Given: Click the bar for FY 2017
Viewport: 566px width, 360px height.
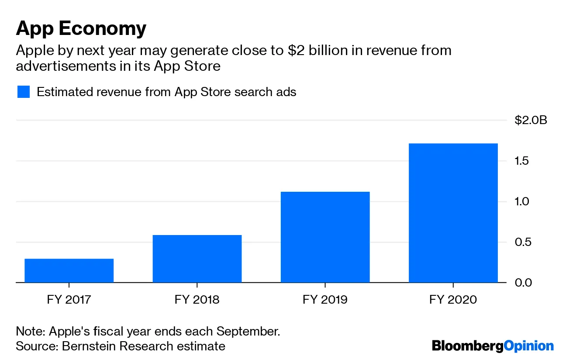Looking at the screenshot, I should pos(69,270).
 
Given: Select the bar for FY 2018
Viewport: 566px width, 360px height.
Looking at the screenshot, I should pos(197,259).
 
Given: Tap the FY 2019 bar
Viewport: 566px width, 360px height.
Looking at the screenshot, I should pos(325,237).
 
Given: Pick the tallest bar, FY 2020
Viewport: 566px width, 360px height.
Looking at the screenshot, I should pos(453,213).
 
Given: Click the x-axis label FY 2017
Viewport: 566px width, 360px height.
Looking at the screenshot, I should pos(69,300).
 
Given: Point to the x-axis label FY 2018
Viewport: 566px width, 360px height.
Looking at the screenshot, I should pos(197,300).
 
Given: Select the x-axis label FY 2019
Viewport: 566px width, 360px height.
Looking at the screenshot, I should pos(325,300).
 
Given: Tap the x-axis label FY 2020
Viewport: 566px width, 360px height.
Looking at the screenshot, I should pos(453,300).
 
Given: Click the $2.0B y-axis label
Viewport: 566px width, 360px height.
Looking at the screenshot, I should pos(531,121).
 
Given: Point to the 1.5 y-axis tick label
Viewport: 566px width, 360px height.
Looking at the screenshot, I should pos(522,161).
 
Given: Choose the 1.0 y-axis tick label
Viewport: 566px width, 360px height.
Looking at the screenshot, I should pos(522,201).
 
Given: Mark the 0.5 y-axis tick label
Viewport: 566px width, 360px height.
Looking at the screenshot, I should pos(522,242).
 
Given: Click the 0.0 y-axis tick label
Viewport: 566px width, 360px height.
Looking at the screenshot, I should pos(522,283).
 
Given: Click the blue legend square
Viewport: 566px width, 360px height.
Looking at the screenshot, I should pos(23,92).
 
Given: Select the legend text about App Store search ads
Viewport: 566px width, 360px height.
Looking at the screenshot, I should pos(166,92).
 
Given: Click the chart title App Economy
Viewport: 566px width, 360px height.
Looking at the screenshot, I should pos(81,29).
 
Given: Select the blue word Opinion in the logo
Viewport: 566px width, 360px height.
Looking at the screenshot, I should pos(528,346).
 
